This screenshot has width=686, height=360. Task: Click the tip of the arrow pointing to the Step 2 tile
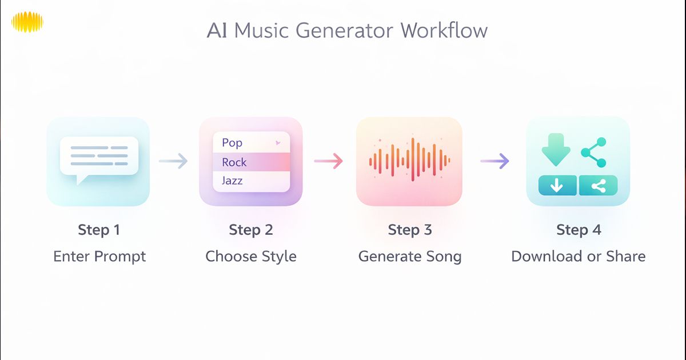pos(188,161)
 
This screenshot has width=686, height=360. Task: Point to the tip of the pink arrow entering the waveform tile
pos(342,161)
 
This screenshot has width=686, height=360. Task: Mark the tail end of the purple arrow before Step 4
pos(481,161)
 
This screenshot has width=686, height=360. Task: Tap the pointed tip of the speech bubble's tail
pos(78,184)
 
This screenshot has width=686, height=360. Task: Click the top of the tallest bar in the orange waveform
pos(413,139)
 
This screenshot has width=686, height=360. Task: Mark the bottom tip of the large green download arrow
pos(556,166)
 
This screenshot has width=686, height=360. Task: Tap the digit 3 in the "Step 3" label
pos(428,230)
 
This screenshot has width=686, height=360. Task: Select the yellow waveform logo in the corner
pos(27,22)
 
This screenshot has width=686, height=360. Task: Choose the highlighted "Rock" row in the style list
pos(252,162)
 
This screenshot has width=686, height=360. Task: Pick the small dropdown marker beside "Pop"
pos(278,143)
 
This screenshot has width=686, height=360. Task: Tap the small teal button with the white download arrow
pos(557,185)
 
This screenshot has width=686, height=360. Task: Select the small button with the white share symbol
pos(599,185)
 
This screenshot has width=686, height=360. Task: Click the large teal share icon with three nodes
pos(594,153)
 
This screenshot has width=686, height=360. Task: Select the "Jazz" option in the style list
pos(232,181)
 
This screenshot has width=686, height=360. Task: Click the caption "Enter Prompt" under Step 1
pos(99,257)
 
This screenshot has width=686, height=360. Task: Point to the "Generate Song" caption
pos(410,257)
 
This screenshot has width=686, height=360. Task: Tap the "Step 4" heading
pos(579,230)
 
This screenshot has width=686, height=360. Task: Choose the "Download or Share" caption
pos(578,256)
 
